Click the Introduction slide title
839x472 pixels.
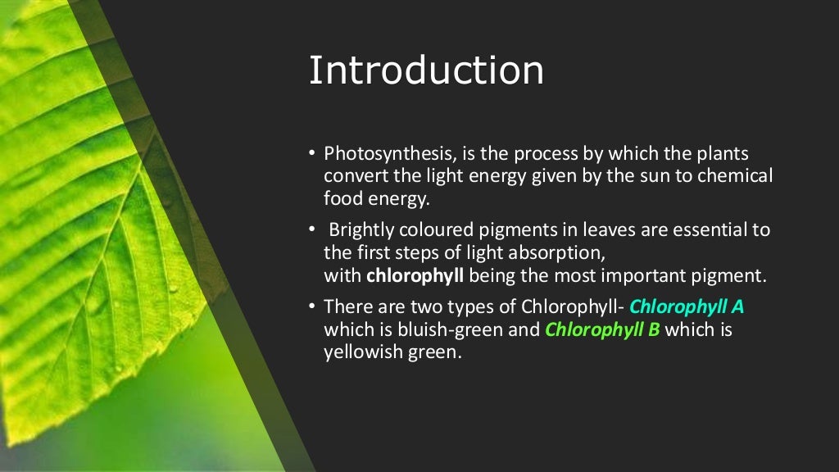point(426,70)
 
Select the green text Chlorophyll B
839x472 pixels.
point(602,330)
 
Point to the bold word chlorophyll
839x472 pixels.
point(415,275)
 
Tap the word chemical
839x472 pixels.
point(735,176)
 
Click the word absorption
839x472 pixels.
point(560,252)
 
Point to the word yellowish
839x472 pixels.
point(359,353)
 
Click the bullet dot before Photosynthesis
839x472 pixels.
point(312,154)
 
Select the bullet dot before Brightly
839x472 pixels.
point(312,230)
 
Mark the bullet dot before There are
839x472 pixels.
point(312,307)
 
